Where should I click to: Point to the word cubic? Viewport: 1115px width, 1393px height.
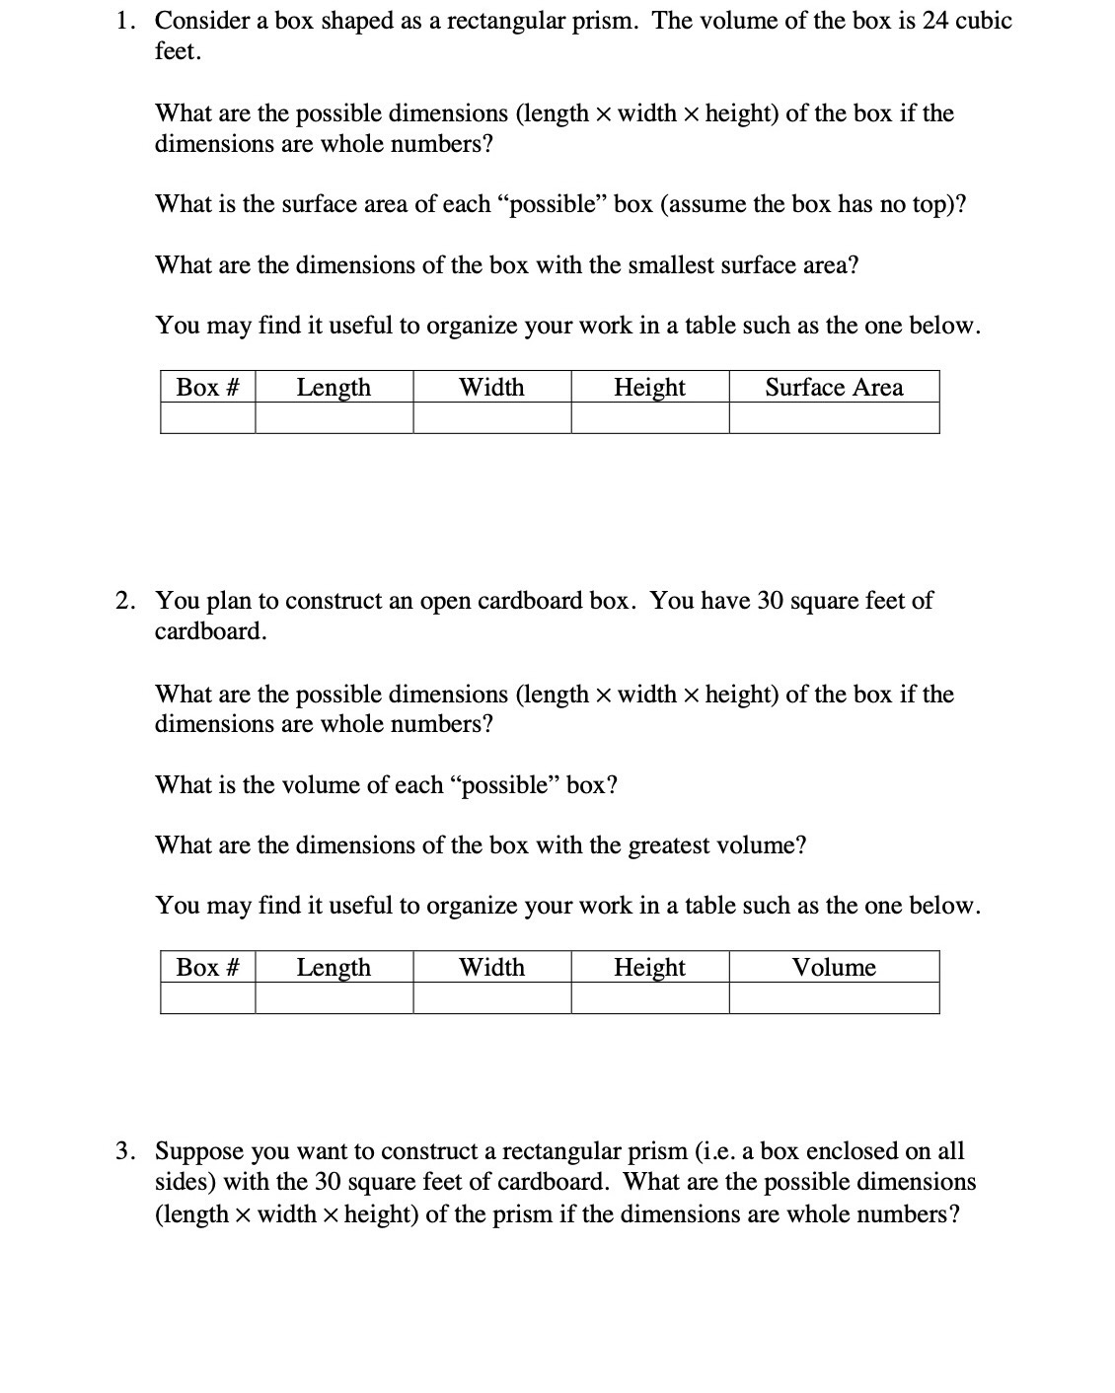[984, 21]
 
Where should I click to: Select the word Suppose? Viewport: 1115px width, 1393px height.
[200, 1151]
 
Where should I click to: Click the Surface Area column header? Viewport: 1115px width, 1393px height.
[834, 388]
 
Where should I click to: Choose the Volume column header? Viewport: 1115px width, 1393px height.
[834, 968]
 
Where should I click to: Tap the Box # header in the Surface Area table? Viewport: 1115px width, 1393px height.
[207, 388]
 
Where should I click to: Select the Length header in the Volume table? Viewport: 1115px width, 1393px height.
[334, 968]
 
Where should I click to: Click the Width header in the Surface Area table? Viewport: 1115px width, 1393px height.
[491, 388]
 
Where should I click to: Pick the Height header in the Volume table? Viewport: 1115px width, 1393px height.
[649, 968]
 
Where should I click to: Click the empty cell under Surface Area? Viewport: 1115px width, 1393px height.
[834, 419]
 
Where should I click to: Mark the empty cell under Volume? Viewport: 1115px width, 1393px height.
[834, 999]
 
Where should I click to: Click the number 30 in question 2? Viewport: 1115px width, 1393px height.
[770, 601]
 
